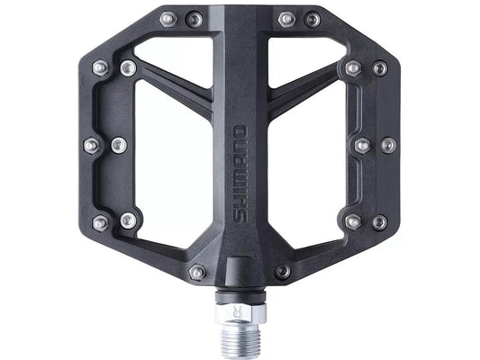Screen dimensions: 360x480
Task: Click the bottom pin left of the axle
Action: pyautogui.click(x=197, y=271)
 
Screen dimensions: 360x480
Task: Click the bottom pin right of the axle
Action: pyautogui.click(x=282, y=271)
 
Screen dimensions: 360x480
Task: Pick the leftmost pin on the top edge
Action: pyautogui.click(x=168, y=18)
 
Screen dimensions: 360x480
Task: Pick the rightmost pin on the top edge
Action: pyautogui.click(x=312, y=18)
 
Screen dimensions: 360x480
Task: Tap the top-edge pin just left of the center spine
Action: pyautogui.click(x=194, y=18)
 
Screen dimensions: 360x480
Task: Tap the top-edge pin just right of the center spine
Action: pyautogui.click(x=286, y=18)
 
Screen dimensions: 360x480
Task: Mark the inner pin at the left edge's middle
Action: pyautogui.click(x=118, y=144)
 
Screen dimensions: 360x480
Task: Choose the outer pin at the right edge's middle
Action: pyautogui.click(x=387, y=144)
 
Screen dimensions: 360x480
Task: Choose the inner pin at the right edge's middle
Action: pyautogui.click(x=361, y=144)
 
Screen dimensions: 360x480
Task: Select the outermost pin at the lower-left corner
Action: pyautogui.click(x=100, y=221)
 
